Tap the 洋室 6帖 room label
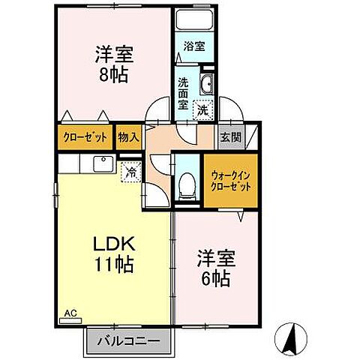coord(215,268)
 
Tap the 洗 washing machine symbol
coord(202,110)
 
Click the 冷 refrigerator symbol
coord(131,172)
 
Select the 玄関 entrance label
coord(230,138)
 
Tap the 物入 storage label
coord(127,138)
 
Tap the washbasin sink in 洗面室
coord(208,85)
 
